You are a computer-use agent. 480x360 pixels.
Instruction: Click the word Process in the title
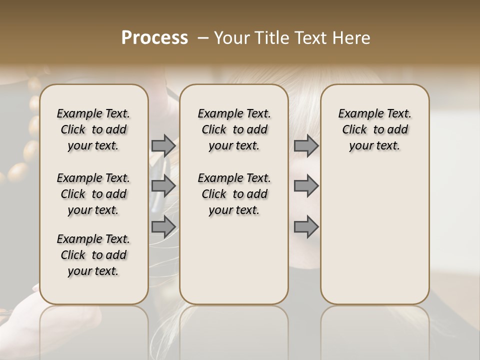154,38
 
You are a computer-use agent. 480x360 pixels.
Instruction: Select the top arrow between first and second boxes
163,146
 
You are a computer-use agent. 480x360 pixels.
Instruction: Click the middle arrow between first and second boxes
163,186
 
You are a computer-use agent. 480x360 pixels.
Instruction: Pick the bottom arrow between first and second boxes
163,226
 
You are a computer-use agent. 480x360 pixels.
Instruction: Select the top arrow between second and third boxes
306,146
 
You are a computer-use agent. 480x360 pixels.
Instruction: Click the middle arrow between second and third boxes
306,186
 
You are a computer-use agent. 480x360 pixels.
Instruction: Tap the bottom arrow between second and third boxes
306,226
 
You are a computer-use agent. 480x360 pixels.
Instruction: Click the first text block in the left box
93,129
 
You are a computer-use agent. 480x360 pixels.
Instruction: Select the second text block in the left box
93,194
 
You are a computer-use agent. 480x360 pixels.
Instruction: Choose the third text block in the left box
93,255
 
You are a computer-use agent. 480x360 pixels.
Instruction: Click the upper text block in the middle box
234,129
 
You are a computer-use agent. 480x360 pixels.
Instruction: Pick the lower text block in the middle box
234,194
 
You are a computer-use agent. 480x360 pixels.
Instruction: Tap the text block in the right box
374,129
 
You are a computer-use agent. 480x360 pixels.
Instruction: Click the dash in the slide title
202,38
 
